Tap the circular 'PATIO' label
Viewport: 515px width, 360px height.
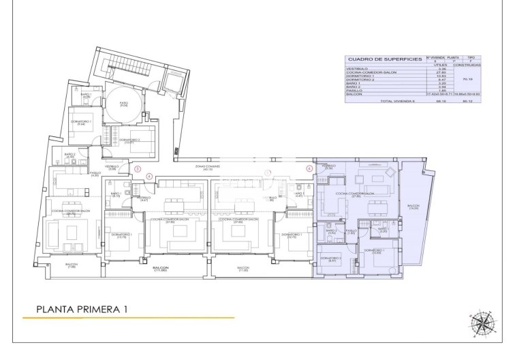[x=125, y=104]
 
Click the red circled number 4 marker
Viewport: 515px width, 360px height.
[x=149, y=177]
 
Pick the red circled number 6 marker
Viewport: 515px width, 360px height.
[x=309, y=168]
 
